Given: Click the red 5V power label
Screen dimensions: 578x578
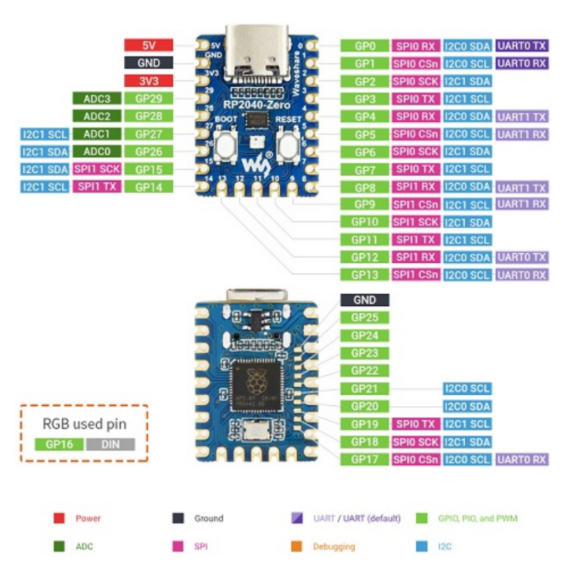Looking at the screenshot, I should coord(149,45).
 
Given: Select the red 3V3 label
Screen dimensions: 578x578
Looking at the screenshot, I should coord(149,81).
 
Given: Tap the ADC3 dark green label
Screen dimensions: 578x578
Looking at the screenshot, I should coord(97,99).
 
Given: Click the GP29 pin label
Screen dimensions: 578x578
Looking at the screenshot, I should coord(149,99).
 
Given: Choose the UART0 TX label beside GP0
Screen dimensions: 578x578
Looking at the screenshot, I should coord(523,46).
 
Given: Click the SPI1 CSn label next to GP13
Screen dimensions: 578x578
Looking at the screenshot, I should coord(416,275).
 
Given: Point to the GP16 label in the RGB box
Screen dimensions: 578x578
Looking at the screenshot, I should coord(60,444).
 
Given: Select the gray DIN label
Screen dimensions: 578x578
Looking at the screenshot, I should coord(110,444).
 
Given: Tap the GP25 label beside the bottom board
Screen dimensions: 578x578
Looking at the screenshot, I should coord(365,317).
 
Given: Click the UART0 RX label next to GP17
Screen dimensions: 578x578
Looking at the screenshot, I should coord(523,460).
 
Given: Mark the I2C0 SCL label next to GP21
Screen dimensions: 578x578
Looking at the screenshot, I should coord(467,388).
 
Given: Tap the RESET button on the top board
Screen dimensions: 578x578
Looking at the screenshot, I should coord(288,144).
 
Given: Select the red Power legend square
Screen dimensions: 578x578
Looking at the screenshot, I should coord(59,518).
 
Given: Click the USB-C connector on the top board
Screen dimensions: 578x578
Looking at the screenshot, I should coord(256,49).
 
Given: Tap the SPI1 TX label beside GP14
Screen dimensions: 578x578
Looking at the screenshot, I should coord(97,187).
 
